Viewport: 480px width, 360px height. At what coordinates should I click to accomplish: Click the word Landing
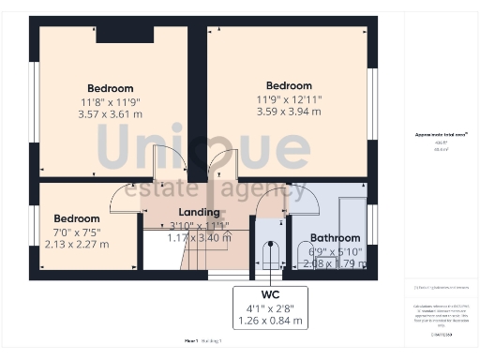tap(199, 212)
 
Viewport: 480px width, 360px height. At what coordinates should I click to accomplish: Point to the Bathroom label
tap(335, 238)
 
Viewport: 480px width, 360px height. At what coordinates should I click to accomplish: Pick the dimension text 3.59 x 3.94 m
tap(289, 111)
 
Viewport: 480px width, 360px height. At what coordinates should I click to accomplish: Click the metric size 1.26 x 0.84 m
tap(271, 321)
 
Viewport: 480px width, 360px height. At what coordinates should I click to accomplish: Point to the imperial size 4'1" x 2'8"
tap(271, 307)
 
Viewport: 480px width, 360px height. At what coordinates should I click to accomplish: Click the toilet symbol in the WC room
tap(270, 255)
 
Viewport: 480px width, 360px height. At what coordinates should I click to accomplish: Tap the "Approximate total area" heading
tap(442, 135)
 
